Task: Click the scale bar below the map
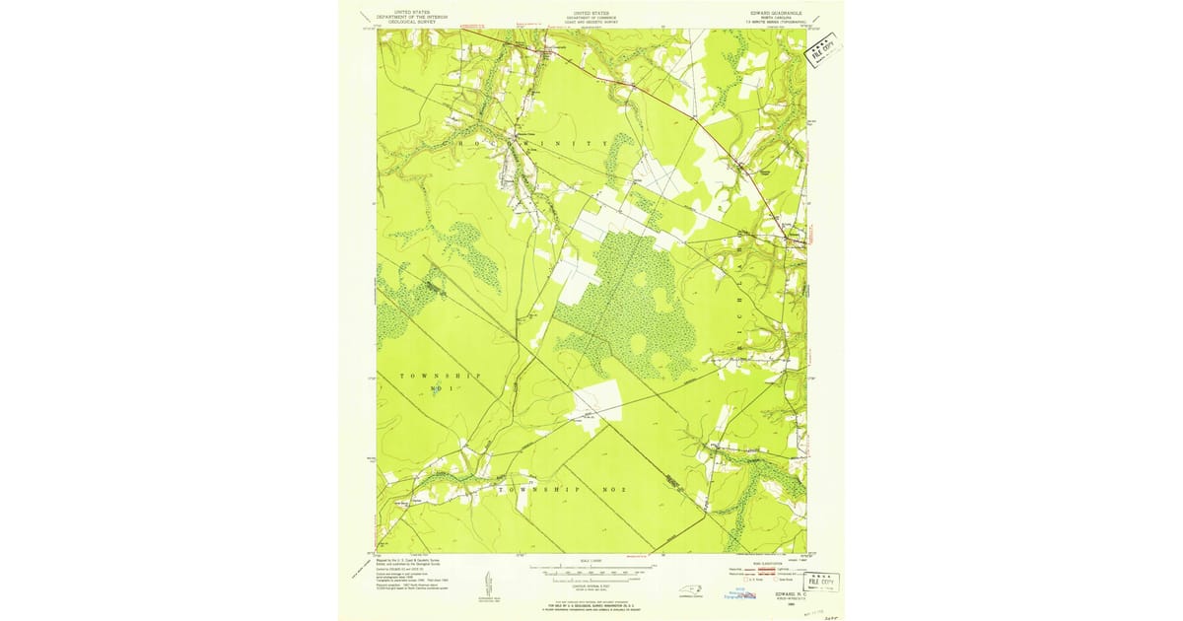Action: pos(591,571)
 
